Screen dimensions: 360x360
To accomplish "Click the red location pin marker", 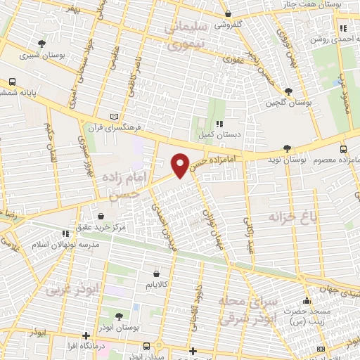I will click(x=181, y=165).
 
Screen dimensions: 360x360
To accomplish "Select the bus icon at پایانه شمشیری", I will click(x=12, y=82).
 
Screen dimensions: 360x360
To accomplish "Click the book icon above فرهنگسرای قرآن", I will click(x=116, y=117).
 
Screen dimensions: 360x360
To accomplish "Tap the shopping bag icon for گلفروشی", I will click(x=227, y=14).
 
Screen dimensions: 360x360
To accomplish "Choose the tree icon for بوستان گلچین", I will click(x=288, y=91).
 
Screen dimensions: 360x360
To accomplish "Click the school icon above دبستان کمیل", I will click(x=219, y=124).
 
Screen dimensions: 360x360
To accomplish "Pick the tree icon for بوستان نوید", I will click(x=286, y=148).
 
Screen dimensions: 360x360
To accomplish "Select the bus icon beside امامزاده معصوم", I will click(x=343, y=148).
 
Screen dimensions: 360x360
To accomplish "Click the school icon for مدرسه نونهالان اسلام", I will click(x=65, y=233).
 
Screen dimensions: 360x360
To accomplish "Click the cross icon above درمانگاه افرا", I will click(x=86, y=335).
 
